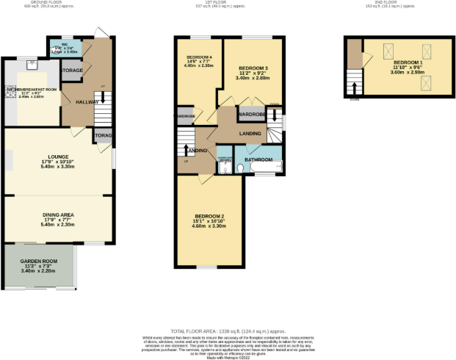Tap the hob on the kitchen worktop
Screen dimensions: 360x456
point(10,92)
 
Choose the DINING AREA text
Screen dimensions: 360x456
point(57,215)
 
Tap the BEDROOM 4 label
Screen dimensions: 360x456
point(199,57)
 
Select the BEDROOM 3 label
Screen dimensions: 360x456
point(253,68)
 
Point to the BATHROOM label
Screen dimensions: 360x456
point(258,159)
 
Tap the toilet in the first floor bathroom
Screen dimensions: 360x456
point(225,168)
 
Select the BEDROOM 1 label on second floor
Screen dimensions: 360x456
point(408,63)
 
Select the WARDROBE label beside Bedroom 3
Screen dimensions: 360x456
point(251,115)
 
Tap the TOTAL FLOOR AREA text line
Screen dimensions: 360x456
point(228,331)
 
